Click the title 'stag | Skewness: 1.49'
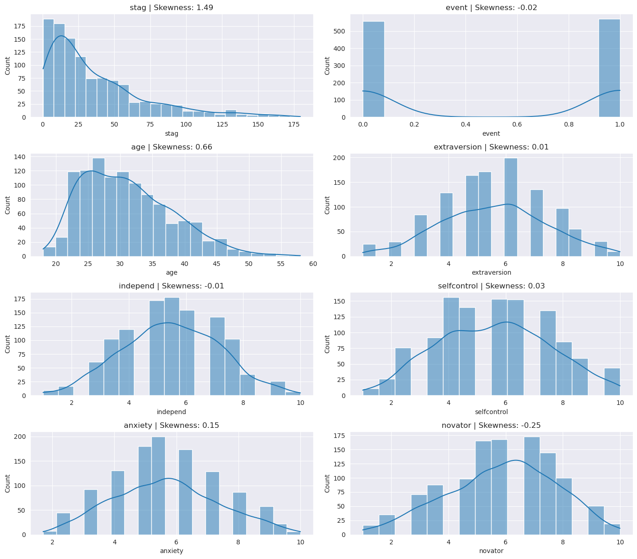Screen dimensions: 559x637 (x=172, y=8)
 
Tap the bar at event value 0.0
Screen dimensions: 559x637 (x=373, y=69)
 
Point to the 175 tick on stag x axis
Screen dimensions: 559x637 (x=294, y=125)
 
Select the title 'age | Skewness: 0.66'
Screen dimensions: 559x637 (x=172, y=147)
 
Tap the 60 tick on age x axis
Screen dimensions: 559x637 (x=313, y=264)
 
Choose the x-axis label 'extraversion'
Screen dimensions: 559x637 (x=491, y=272)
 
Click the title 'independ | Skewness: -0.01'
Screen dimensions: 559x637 (x=172, y=286)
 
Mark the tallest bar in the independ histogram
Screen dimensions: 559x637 (x=172, y=346)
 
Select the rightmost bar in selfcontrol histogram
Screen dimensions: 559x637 (x=612, y=382)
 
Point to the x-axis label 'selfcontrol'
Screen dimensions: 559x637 (x=491, y=412)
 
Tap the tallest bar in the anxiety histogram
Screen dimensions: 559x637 (x=158, y=486)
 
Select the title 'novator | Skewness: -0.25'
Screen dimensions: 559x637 (x=491, y=426)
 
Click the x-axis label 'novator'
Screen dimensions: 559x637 (x=491, y=551)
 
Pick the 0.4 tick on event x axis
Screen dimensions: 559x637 (x=466, y=125)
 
